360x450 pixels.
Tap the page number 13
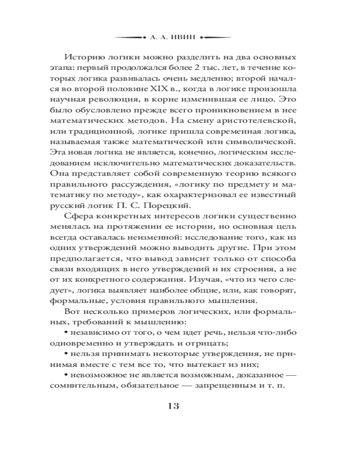coord(173,406)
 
